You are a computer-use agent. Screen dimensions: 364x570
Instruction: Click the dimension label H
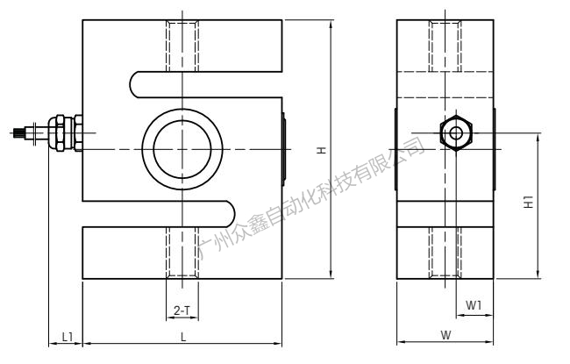[x=323, y=151]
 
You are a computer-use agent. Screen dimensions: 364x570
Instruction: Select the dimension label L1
[x=67, y=336]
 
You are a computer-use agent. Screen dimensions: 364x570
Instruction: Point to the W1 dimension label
[x=473, y=305]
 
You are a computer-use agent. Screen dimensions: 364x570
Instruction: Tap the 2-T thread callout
[x=182, y=310]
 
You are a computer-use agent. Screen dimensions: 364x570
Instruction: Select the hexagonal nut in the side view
[x=455, y=133]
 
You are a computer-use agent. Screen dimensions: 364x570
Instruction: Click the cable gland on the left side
[x=62, y=133]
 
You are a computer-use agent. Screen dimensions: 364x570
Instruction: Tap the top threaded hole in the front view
[x=182, y=44]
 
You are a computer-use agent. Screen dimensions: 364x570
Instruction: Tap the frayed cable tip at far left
[x=18, y=134]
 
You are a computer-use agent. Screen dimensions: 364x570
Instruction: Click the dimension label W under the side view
[x=445, y=335]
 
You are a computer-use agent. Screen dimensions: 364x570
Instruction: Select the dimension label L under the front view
[x=182, y=336]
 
